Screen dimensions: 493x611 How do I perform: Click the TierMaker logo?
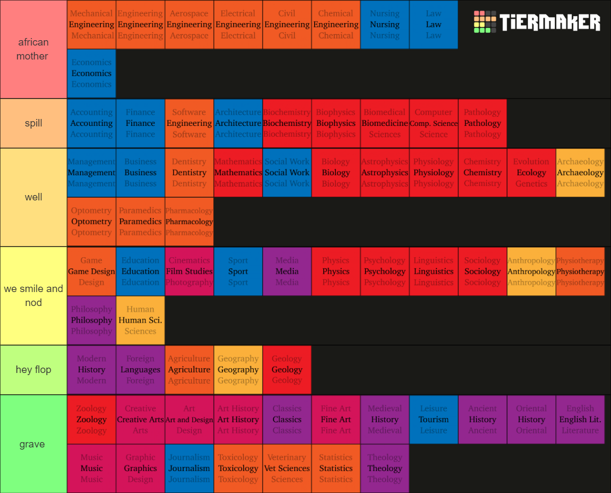coord(537,23)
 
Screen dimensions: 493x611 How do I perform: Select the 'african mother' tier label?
coord(33,49)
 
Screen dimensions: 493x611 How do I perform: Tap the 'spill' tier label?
coord(33,123)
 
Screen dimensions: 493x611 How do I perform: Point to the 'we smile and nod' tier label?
coord(33,296)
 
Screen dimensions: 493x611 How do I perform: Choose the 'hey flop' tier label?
coord(33,370)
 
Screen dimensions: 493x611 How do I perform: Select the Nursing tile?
coord(385,25)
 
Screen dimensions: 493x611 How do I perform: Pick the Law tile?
coord(434,25)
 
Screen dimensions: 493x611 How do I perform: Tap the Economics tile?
coord(92,73)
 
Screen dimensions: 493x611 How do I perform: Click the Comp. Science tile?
coord(434,123)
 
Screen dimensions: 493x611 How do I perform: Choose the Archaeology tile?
coord(580,173)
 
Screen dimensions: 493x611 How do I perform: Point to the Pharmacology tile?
coord(189,222)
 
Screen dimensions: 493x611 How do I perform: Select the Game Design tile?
coord(92,271)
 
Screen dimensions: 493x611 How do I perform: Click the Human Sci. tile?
coord(140,320)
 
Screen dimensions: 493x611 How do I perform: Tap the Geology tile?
coord(287,370)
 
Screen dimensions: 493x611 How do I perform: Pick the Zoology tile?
coord(92,419)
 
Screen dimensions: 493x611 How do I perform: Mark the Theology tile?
coord(385,468)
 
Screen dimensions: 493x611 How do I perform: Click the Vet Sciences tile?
coord(287,468)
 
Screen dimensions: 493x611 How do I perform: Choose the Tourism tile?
coord(434,419)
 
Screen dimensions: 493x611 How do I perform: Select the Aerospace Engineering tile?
coord(189,25)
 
